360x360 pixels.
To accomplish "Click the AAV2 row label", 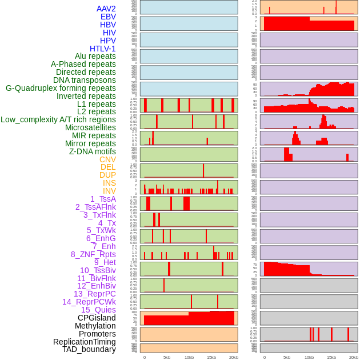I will (106, 9).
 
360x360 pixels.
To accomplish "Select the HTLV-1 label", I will (102, 49).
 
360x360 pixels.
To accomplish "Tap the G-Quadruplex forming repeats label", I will (61, 88).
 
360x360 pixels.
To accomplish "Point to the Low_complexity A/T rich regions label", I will (58, 119).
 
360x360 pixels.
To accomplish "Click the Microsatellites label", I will (90, 127).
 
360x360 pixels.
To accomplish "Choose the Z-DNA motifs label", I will (92, 151).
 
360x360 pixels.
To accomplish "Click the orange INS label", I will (109, 183).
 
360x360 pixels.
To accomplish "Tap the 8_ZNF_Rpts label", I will (93, 254).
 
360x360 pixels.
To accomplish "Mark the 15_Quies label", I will (98, 310).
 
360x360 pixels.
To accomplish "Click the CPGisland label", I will (97, 318).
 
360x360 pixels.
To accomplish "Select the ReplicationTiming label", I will (84, 342).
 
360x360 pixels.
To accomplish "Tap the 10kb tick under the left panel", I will (189, 357).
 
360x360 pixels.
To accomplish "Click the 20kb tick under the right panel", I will (354, 357).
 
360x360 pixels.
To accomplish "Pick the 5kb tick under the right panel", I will (287, 357).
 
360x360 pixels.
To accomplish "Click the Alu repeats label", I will (95, 56).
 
